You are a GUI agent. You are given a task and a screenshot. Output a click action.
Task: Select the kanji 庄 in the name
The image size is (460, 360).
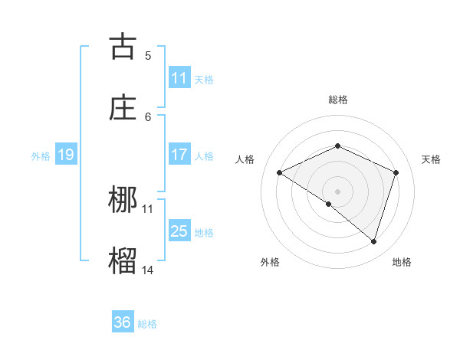123,108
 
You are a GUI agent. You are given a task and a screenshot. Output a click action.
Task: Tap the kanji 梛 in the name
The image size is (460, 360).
123,201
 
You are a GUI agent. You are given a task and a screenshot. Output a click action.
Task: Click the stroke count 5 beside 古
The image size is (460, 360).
148,55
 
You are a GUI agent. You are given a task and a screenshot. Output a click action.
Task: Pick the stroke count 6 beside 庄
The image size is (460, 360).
148,116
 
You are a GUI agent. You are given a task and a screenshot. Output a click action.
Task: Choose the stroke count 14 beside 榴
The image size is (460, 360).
148,270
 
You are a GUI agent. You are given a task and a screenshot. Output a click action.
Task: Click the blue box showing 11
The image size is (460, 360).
179,78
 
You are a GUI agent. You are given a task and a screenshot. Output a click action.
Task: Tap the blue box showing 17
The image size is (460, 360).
179,155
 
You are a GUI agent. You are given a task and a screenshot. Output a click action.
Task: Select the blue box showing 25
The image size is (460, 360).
179,231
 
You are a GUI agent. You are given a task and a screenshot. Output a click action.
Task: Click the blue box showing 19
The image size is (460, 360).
65,155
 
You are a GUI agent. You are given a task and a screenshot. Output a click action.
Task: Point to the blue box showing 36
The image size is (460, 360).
123,322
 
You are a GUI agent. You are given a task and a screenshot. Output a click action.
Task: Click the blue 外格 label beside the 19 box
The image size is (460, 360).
41,156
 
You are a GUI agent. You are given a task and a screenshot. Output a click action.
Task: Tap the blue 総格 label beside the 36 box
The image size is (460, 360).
147,324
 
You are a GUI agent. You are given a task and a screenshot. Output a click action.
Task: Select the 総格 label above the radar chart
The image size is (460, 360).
337,100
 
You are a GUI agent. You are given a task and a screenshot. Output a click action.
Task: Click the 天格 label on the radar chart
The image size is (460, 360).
432,159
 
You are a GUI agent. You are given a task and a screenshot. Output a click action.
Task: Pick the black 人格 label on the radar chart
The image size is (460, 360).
245,159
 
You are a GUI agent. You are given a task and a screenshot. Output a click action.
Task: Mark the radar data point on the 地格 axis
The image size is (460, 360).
373,241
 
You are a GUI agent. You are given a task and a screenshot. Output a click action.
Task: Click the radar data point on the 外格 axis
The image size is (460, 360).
328,204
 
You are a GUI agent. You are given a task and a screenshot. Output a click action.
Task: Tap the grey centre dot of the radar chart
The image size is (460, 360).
337,191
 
